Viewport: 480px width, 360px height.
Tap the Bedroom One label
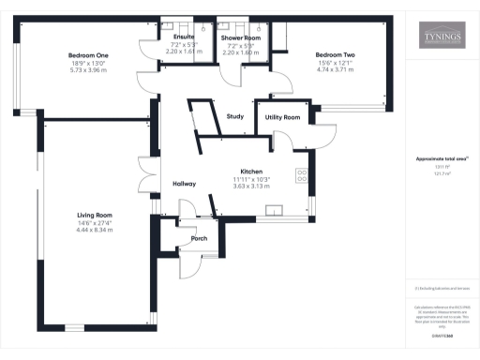[89, 55]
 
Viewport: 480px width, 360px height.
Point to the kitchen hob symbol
[303, 175]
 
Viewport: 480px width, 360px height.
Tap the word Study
[234, 116]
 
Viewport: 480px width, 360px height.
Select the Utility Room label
[282, 117]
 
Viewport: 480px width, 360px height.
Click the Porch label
[199, 238]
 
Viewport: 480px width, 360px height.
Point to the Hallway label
[184, 184]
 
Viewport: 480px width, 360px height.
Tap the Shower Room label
[241, 37]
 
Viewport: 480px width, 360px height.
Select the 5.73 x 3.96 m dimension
[89, 70]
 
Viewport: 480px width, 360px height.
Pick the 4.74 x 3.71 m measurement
[335, 70]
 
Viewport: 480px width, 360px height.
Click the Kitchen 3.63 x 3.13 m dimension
[251, 187]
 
